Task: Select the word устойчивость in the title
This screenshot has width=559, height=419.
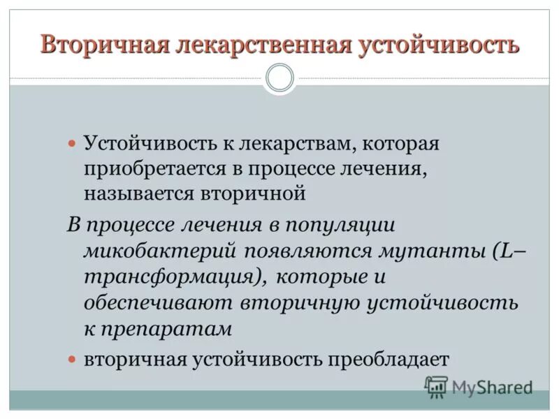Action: pyautogui.click(x=440, y=45)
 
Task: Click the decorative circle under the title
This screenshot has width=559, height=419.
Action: pyautogui.click(x=279, y=78)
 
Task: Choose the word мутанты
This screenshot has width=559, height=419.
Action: pyautogui.click(x=426, y=250)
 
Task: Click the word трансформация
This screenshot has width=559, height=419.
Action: pyautogui.click(x=175, y=276)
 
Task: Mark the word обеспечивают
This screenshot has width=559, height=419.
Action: pyautogui.click(x=158, y=302)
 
